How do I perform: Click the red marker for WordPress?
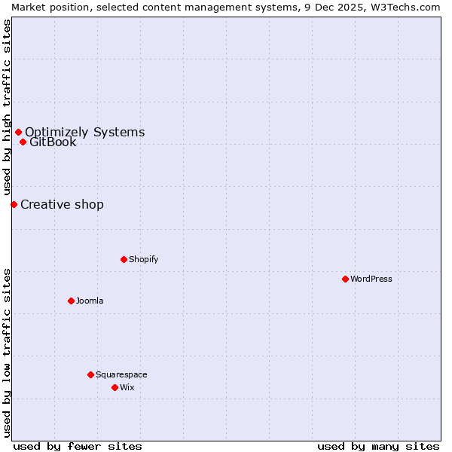(345, 279)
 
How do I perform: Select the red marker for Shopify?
(124, 259)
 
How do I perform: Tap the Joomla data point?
(71, 301)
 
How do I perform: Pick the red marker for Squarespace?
(90, 374)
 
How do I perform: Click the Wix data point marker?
(115, 387)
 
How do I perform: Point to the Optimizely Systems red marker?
(18, 133)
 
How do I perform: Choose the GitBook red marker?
(23, 142)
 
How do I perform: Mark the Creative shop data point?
(14, 204)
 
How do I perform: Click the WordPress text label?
(371, 279)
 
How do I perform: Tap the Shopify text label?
(144, 259)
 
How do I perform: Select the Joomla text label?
(90, 301)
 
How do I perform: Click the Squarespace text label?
(121, 374)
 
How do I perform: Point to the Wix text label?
(127, 387)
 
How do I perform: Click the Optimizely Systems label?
(84, 133)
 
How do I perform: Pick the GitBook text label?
(53, 142)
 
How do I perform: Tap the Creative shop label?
(62, 205)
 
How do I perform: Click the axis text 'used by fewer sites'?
(78, 446)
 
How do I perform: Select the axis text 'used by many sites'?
(378, 446)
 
